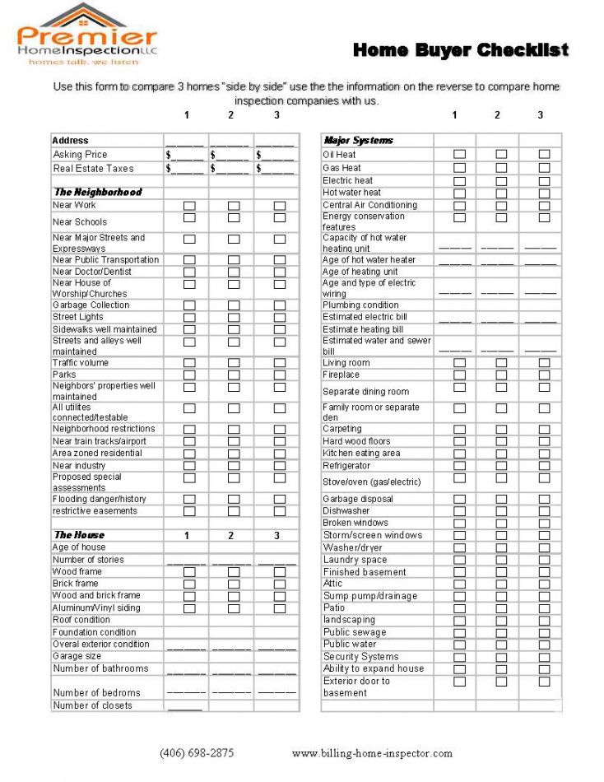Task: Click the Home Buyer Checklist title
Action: pyautogui.click(x=460, y=50)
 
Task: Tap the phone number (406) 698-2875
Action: pyautogui.click(x=197, y=752)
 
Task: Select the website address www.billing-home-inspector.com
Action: pyautogui.click(x=372, y=752)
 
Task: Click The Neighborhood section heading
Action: pyautogui.click(x=97, y=192)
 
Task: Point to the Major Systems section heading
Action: pyautogui.click(x=359, y=141)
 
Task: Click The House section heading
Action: pyautogui.click(x=79, y=535)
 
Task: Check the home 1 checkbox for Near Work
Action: pyautogui.click(x=189, y=206)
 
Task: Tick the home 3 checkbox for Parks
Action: pyautogui.click(x=280, y=375)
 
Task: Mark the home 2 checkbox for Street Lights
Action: pyautogui.click(x=234, y=317)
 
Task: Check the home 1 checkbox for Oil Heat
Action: pyautogui.click(x=460, y=155)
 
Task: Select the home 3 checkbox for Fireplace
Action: pyautogui.click(x=544, y=375)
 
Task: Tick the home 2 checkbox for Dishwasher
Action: pyautogui.click(x=501, y=511)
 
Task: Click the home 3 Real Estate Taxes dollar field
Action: pyautogui.click(x=275, y=169)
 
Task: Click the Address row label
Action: pyautogui.click(x=70, y=141)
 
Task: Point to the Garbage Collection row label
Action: pyautogui.click(x=91, y=305)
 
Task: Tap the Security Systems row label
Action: pyautogui.click(x=360, y=657)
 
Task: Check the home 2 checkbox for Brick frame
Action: pyautogui.click(x=234, y=584)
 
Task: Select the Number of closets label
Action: pyautogui.click(x=92, y=705)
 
